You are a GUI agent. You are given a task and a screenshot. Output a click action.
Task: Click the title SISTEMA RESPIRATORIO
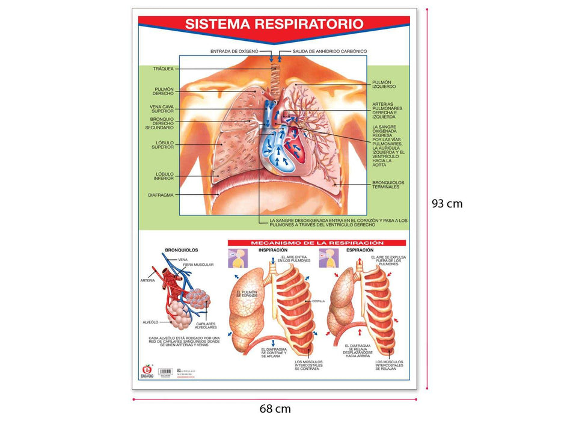click(x=274, y=24)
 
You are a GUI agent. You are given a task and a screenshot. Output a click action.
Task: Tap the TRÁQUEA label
click(x=163, y=69)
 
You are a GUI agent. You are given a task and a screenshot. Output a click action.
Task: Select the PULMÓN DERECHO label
click(x=164, y=91)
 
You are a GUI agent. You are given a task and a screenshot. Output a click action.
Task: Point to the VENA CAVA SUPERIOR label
click(x=162, y=109)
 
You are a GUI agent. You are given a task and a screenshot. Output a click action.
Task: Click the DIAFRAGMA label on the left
click(x=161, y=195)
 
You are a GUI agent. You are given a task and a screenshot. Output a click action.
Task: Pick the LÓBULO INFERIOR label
click(x=164, y=176)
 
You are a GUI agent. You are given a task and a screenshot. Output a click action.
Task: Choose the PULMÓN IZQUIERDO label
click(x=384, y=84)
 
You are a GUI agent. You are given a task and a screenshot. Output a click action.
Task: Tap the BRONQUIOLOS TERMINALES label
click(x=388, y=185)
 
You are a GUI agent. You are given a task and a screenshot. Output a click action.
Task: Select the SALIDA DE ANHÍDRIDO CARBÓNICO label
click(x=330, y=51)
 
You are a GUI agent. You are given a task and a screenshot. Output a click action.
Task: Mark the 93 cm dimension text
click(x=447, y=203)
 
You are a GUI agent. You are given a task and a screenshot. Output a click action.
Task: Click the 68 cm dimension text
click(x=275, y=409)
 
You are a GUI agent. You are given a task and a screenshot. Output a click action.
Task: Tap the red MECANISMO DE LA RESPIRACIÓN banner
click(x=317, y=243)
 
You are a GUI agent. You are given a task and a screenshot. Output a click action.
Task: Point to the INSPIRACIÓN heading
click(x=272, y=250)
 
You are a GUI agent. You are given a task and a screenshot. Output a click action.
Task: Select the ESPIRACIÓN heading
click(x=360, y=250)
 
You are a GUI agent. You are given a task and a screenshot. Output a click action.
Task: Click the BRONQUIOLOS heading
click(x=181, y=250)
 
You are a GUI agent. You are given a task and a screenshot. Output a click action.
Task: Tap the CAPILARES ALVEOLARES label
click(x=206, y=325)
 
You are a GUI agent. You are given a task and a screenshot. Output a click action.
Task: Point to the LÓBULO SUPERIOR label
click(x=164, y=144)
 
